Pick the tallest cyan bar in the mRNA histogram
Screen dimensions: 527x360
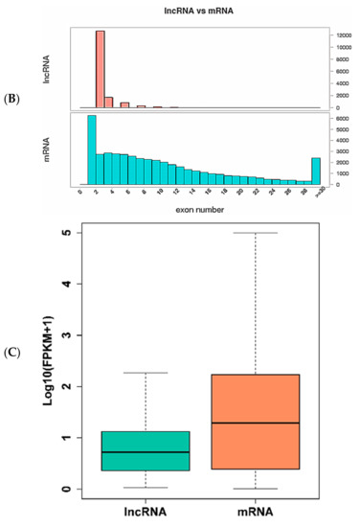point(92,149)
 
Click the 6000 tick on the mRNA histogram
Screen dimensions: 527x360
point(340,119)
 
